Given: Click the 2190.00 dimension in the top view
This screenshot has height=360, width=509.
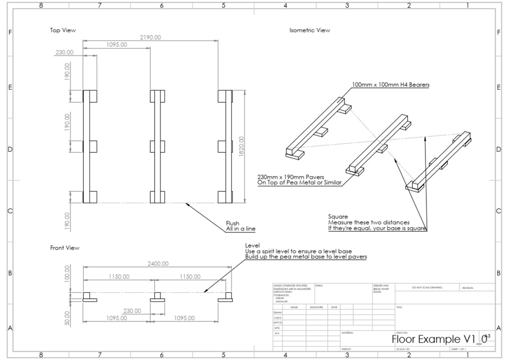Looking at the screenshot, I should (x=151, y=37).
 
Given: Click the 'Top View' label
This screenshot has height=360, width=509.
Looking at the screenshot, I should (x=63, y=30).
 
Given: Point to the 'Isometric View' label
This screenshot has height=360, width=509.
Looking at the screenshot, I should (x=310, y=30).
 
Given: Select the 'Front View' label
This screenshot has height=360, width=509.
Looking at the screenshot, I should (x=65, y=248).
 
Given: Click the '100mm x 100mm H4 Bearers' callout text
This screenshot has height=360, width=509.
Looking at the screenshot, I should (x=391, y=84).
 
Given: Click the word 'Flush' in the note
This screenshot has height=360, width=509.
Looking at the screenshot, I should (x=232, y=224).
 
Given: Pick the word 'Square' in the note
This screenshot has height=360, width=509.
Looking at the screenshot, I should (x=338, y=217).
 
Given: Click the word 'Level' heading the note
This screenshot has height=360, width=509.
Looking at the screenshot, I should (x=252, y=245).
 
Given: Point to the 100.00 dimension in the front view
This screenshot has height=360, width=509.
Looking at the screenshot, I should (x=66, y=274).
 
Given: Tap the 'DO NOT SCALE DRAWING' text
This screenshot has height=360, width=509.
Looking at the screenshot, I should (x=427, y=287).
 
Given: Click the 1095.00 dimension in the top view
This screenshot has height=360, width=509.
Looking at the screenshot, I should (x=117, y=45).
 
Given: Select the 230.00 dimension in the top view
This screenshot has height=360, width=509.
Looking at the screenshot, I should (x=64, y=52).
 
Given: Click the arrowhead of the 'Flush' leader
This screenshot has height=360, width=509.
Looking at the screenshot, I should (x=187, y=204).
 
